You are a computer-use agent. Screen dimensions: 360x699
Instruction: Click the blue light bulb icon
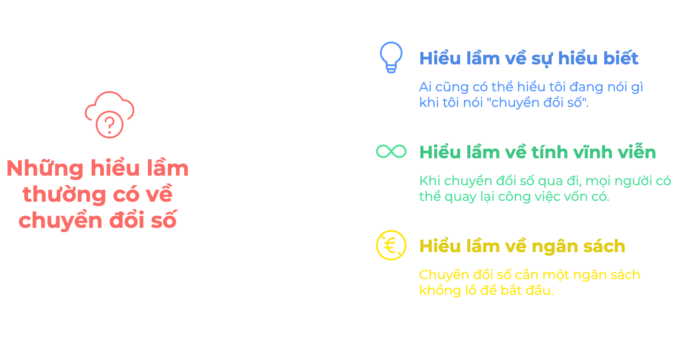pos(391,57)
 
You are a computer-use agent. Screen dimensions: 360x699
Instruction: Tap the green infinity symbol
pos(391,151)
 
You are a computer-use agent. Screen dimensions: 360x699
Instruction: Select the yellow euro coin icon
pos(391,245)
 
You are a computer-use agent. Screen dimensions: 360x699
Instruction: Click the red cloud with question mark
pos(110,115)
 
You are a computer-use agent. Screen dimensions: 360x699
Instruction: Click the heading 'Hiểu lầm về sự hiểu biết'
pos(529,59)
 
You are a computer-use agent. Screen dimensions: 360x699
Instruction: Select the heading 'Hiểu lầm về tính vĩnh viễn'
pos(537,153)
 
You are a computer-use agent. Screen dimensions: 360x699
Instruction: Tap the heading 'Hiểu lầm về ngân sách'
pos(522,247)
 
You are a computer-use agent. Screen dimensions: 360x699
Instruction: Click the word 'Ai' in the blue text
pos(425,87)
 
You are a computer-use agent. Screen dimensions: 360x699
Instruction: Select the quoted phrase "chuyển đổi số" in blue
pos(539,103)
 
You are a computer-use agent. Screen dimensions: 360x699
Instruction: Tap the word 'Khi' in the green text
pos(429,181)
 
